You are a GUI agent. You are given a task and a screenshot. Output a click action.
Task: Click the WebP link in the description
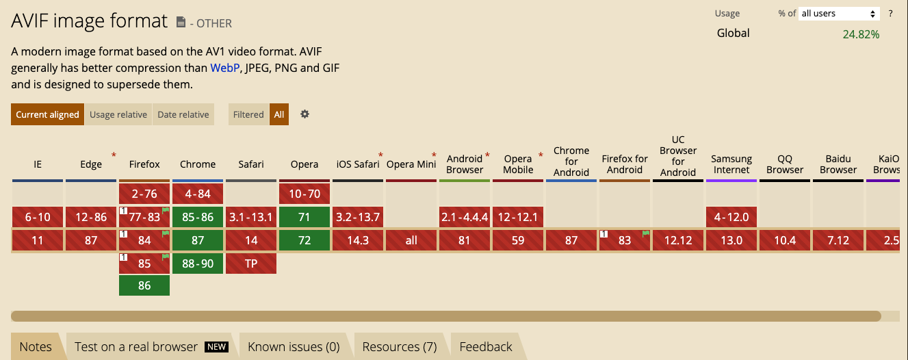click(224, 68)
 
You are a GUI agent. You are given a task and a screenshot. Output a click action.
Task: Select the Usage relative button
click(118, 114)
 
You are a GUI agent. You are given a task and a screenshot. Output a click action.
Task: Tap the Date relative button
click(183, 114)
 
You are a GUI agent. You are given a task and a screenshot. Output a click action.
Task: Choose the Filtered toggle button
click(248, 114)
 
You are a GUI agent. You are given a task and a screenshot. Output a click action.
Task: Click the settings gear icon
click(304, 114)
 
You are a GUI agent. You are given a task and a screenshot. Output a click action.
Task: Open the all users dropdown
click(839, 14)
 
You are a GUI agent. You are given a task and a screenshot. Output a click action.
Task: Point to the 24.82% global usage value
click(861, 34)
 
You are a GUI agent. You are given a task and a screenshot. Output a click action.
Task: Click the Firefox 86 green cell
click(144, 285)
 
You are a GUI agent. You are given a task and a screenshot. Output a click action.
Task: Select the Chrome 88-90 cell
click(198, 263)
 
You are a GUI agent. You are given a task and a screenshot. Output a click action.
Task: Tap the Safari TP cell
click(251, 263)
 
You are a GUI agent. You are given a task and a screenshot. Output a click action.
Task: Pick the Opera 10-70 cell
click(304, 194)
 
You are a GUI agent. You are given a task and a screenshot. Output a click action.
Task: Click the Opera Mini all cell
click(411, 240)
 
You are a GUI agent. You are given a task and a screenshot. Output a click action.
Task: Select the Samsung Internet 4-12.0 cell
click(731, 217)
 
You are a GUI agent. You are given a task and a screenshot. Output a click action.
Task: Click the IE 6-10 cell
click(38, 217)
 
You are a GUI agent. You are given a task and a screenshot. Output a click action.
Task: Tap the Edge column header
click(91, 164)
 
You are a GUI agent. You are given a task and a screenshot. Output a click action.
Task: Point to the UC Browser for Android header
click(678, 156)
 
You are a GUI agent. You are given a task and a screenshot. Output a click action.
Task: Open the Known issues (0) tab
click(294, 346)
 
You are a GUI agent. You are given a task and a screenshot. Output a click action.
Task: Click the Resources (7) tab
click(400, 346)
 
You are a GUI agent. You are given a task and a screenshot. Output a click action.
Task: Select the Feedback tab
click(486, 346)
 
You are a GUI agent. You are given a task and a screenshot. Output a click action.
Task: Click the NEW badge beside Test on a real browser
click(216, 346)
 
